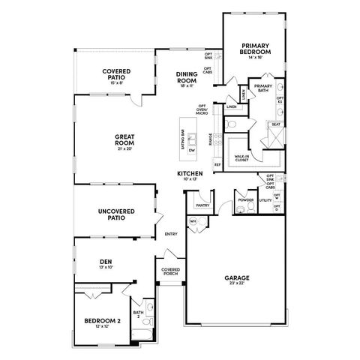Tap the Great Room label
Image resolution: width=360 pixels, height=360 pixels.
[124, 139]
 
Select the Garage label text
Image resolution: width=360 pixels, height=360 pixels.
[236, 277]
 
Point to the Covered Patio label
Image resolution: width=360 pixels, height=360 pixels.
[117, 73]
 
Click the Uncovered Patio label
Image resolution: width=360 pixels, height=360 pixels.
[115, 215]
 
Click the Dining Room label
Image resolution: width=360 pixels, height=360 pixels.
[187, 76]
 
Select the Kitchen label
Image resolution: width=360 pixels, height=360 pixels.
[190, 173]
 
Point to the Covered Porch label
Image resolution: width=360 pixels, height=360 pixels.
[169, 272]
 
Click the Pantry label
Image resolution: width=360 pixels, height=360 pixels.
[202, 204]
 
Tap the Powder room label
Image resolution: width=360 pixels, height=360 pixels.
[244, 200]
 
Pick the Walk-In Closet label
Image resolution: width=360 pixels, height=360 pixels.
[241, 157]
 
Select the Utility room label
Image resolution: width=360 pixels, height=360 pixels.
[265, 200]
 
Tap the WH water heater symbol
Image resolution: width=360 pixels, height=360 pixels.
[192, 221]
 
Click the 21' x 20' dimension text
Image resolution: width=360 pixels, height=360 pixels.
[124, 148]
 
